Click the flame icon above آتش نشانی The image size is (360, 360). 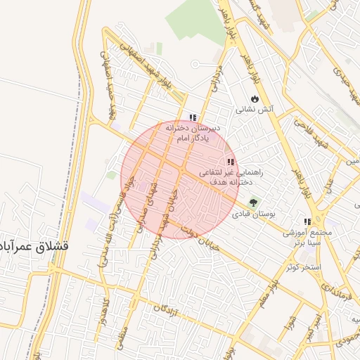coord(254,98)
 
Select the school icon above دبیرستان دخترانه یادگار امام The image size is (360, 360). coord(193,117)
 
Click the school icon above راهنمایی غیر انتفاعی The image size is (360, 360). coord(231,162)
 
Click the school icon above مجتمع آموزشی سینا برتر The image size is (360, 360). coord(307,220)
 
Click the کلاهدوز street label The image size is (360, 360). coord(105,310)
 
